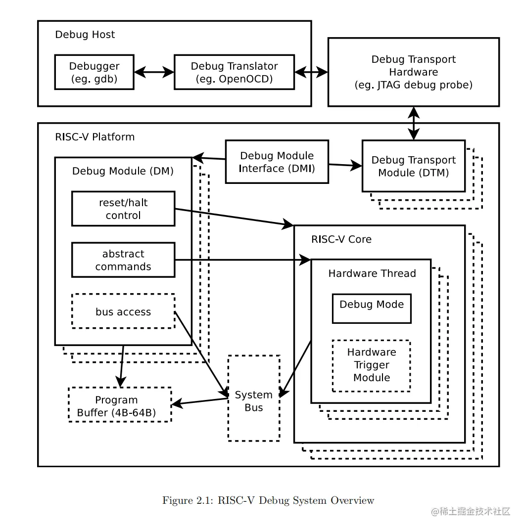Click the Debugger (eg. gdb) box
click(94, 72)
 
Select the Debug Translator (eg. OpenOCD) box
click(234, 72)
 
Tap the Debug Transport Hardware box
click(413, 72)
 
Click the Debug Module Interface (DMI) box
click(277, 162)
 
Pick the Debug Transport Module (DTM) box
click(413, 166)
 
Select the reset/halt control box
click(123, 209)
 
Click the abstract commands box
click(123, 260)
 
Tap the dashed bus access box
click(123, 311)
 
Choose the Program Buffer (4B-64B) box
click(119, 405)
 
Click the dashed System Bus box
click(253, 400)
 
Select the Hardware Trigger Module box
click(371, 365)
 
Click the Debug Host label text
click(85, 35)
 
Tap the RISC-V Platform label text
click(95, 137)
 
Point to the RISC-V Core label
click(341, 239)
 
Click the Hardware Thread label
click(372, 273)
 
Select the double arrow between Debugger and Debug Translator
click(154, 72)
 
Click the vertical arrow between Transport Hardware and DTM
click(414, 123)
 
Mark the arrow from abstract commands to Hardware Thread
click(242, 260)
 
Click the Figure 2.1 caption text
click(268, 500)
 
